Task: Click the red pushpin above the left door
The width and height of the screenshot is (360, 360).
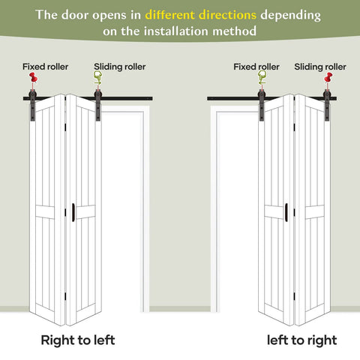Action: pyautogui.click(x=33, y=78)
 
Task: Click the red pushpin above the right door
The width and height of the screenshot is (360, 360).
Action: pyautogui.click(x=328, y=78)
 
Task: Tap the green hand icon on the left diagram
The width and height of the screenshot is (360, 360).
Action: pyautogui.click(x=97, y=77)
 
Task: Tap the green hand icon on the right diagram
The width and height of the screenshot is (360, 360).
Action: pyautogui.click(x=262, y=77)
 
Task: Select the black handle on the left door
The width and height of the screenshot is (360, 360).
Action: pyautogui.click(x=73, y=212)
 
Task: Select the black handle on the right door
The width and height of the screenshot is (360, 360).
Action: pyautogui.click(x=286, y=212)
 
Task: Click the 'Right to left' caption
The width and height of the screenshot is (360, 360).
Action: pyautogui.click(x=78, y=340)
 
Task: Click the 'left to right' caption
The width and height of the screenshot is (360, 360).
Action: pyautogui.click(x=301, y=340)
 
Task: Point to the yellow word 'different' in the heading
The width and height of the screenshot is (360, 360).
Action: pyautogui.click(x=170, y=15)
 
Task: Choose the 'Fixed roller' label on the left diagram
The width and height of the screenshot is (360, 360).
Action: pyautogui.click(x=45, y=67)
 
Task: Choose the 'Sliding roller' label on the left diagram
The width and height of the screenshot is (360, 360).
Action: pyautogui.click(x=120, y=67)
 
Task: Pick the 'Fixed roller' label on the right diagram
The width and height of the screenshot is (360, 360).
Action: pyautogui.click(x=256, y=67)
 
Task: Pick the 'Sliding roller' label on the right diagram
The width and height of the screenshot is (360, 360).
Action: pyautogui.click(x=320, y=67)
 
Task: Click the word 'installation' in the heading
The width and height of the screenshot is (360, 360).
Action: pyautogui.click(x=176, y=31)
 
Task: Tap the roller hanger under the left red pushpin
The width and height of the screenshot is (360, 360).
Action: pyautogui.click(x=33, y=105)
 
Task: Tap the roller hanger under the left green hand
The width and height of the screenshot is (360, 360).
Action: pyautogui.click(x=97, y=105)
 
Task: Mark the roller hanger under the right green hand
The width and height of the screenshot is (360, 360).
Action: pyautogui.click(x=262, y=105)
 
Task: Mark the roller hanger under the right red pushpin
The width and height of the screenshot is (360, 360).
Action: pyautogui.click(x=327, y=105)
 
